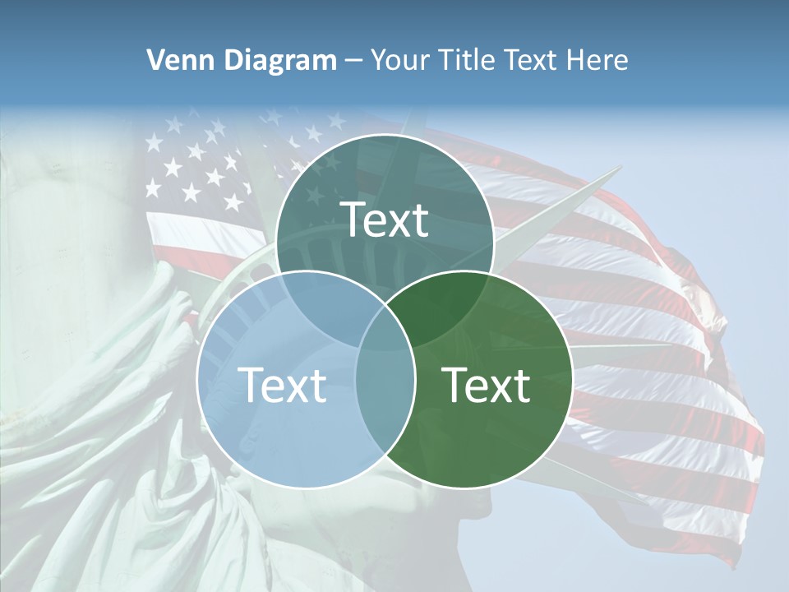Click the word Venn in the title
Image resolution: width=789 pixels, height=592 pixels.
(x=175, y=60)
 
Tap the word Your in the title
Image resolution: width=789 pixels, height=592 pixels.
(x=401, y=60)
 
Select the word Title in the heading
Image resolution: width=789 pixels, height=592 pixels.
(x=468, y=60)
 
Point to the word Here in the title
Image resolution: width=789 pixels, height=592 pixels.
(x=600, y=60)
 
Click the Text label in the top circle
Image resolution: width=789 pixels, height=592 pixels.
(x=385, y=220)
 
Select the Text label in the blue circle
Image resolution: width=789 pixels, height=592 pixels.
(x=282, y=385)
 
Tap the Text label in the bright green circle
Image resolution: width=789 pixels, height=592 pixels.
(x=487, y=385)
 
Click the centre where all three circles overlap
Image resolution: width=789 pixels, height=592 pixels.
(x=385, y=329)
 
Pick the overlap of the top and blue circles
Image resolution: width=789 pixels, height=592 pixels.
(x=325, y=300)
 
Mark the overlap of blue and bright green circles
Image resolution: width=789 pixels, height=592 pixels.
(x=385, y=395)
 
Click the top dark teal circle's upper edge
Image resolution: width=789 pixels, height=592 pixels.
(x=385, y=136)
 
